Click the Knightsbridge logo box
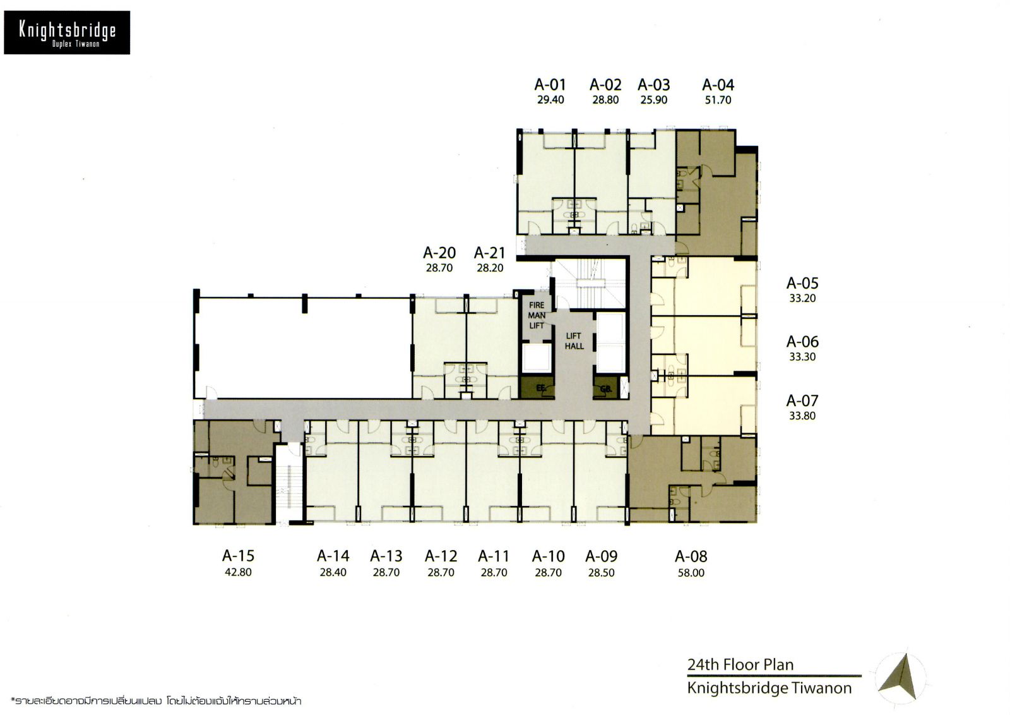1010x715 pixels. coord(67,33)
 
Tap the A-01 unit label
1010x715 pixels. coord(550,85)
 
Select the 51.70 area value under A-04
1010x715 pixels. coord(718,100)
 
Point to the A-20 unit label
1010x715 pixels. coord(439,253)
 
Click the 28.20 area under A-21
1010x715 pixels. coord(490,268)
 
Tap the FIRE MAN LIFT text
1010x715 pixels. coord(537,315)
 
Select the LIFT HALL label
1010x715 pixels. coord(574,341)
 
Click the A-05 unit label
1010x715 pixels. coord(802,284)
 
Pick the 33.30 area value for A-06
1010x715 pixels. coord(802,357)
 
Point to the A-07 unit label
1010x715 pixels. coord(802,400)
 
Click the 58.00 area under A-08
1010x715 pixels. coord(691,573)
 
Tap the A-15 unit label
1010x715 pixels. coord(238,556)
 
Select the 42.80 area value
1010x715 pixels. coord(238,572)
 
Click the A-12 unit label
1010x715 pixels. coord(441,556)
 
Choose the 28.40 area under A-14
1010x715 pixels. coord(333,572)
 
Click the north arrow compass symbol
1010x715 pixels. coord(901,678)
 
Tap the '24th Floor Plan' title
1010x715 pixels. coord(740,664)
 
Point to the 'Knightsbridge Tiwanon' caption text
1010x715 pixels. coord(769,688)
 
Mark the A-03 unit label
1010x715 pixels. coord(654,85)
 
